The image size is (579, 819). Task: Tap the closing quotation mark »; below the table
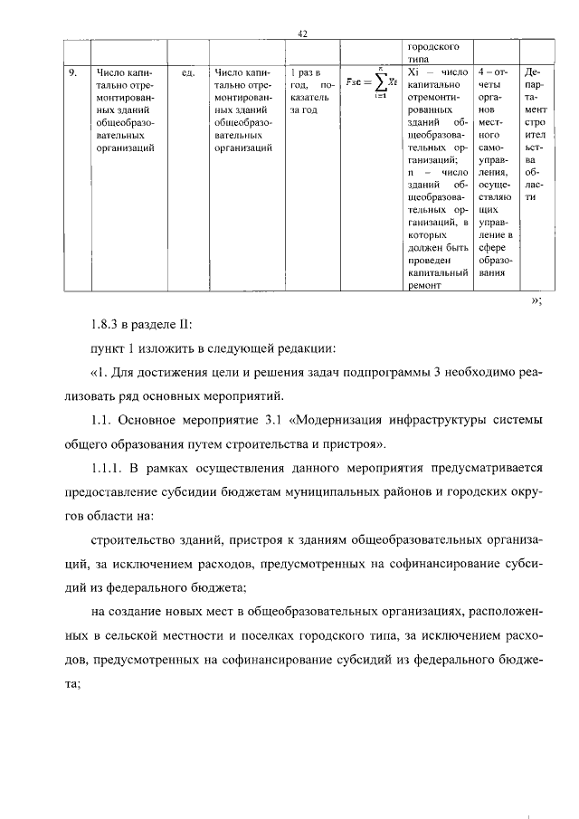[x=535, y=301]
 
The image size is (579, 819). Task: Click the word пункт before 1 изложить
[x=109, y=348]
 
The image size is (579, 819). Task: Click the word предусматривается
[x=483, y=468]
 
